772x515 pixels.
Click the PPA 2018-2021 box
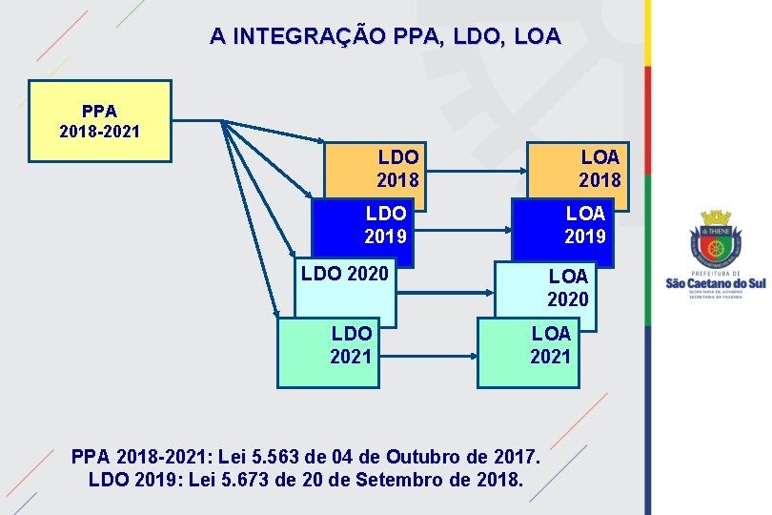point(100,120)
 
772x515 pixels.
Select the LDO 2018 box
point(397,168)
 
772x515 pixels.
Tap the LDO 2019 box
point(385,225)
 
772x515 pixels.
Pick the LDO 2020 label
point(345,275)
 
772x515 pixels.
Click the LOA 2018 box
point(599,168)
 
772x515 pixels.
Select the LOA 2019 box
point(584,225)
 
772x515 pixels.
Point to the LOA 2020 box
point(567,288)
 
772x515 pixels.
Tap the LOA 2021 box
point(551,346)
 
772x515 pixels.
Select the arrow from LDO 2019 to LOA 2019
point(465,229)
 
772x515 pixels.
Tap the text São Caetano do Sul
point(714,283)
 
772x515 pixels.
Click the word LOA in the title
point(539,37)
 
